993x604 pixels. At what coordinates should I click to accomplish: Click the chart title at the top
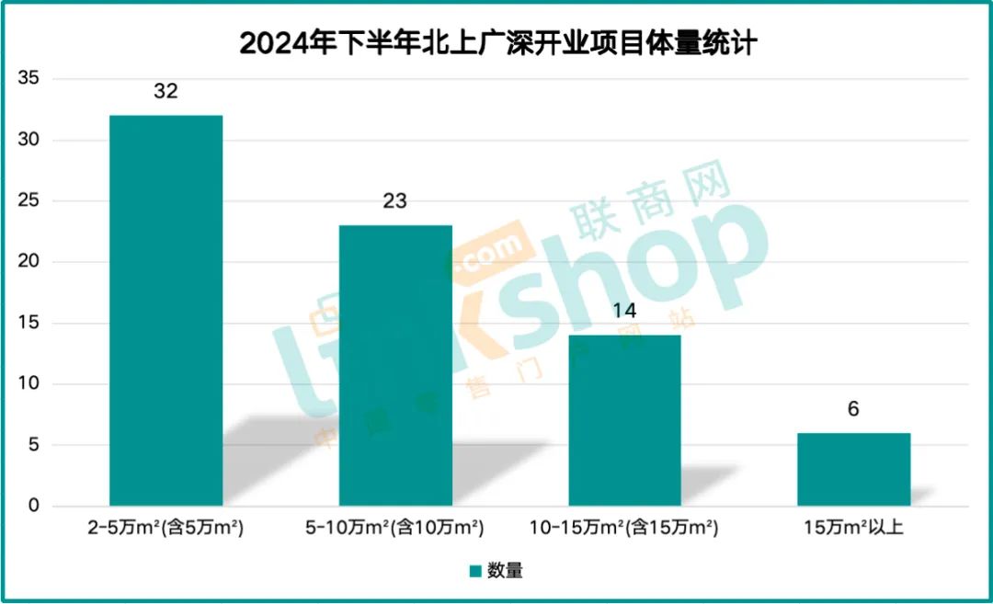click(x=497, y=43)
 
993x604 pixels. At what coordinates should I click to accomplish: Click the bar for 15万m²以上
click(x=853, y=469)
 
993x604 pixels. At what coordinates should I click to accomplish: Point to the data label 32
click(x=165, y=92)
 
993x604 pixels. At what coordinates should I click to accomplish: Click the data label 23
click(x=395, y=201)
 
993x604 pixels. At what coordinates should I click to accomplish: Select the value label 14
click(x=624, y=311)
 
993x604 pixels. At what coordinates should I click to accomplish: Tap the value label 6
click(x=853, y=409)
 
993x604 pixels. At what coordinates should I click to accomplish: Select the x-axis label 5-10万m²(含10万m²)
click(x=394, y=530)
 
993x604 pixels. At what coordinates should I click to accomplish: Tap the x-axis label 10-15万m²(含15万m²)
click(x=624, y=530)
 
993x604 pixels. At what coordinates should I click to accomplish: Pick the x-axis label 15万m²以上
click(x=853, y=530)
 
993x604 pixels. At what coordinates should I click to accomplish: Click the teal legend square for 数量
click(x=475, y=571)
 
